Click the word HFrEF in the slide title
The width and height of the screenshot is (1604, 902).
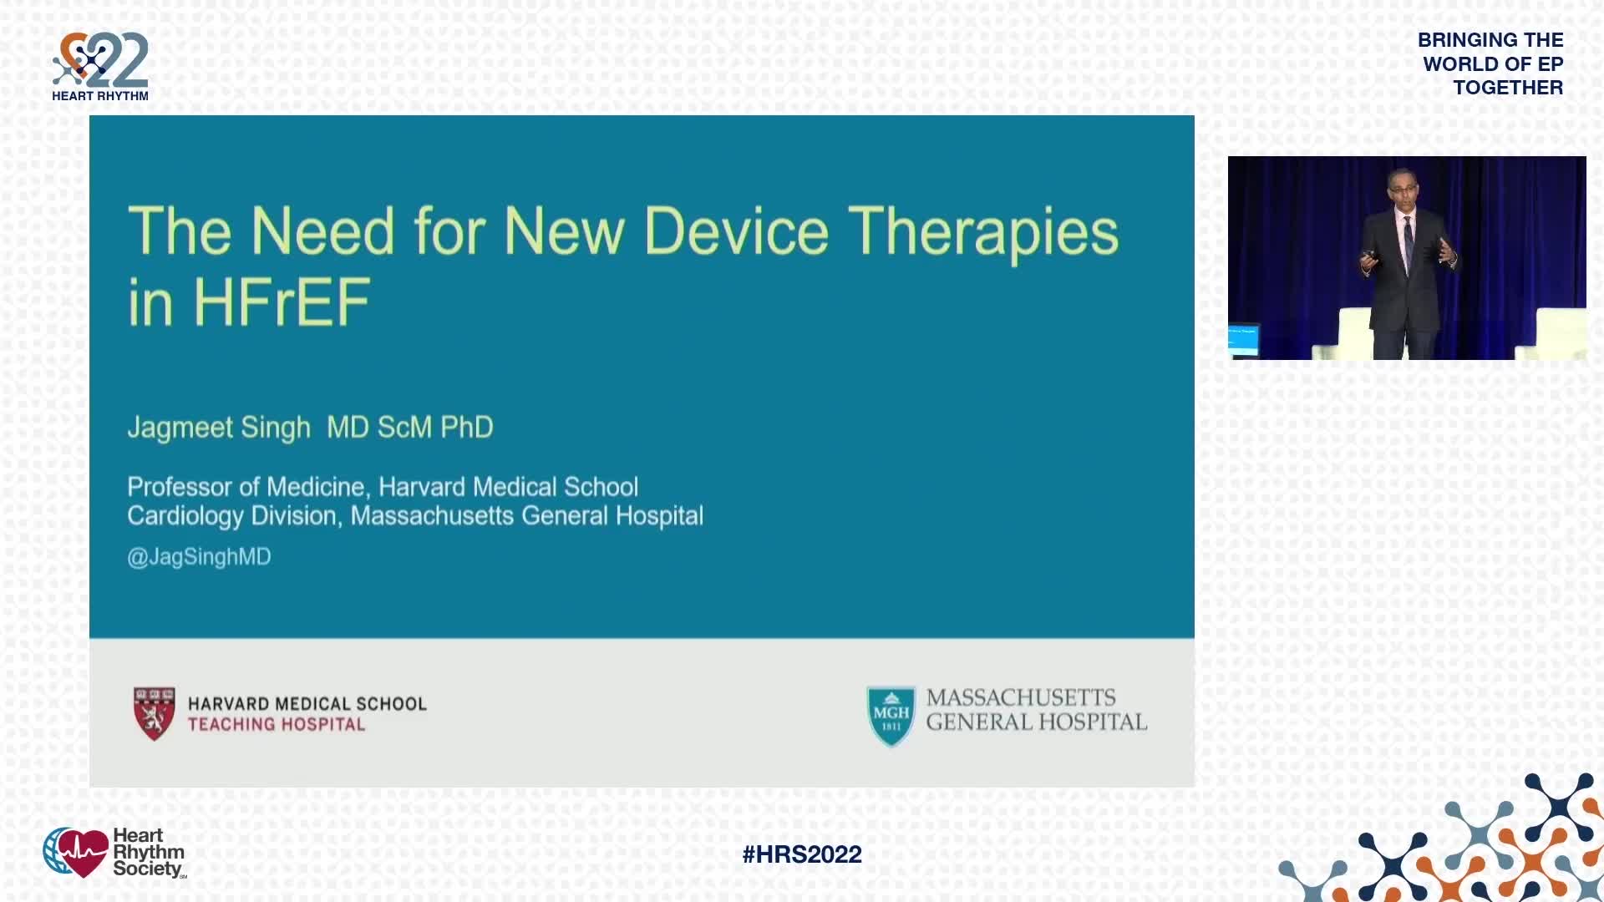(x=282, y=302)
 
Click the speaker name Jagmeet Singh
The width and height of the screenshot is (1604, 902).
(x=219, y=428)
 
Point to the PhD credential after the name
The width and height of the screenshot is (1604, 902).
(x=467, y=427)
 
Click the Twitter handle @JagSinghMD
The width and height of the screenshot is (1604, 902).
(x=199, y=557)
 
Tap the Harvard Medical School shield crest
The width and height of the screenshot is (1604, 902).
(x=155, y=713)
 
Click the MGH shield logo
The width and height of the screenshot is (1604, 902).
(x=891, y=716)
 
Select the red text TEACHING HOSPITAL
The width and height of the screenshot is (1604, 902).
(x=277, y=725)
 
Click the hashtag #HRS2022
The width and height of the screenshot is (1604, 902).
(x=802, y=854)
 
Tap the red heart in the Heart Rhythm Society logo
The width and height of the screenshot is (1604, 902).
(x=81, y=853)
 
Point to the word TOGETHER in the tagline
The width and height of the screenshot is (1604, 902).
(x=1508, y=88)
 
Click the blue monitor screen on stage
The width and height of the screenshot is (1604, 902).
(x=1243, y=340)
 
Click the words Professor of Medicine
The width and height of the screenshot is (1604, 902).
(x=246, y=487)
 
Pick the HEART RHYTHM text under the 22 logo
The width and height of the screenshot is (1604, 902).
(x=100, y=96)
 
